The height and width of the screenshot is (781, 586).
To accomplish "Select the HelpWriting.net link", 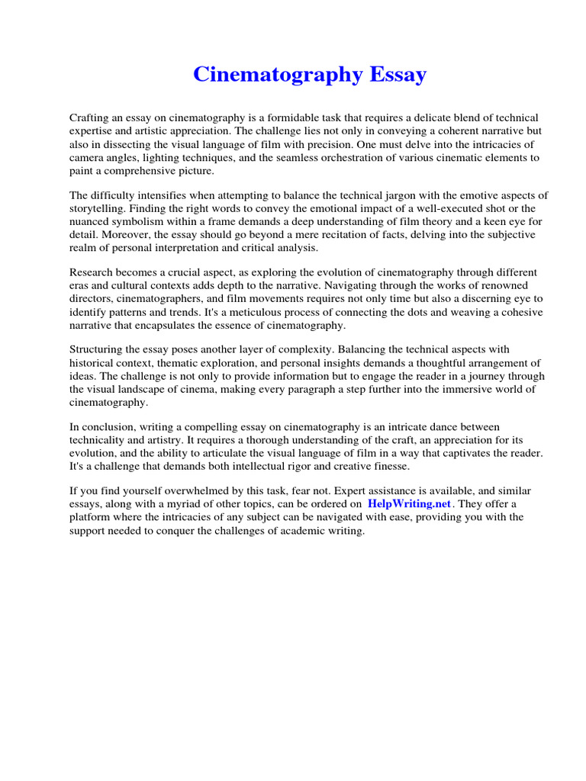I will point(411,504).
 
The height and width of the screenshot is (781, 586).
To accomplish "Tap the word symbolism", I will point(144,222).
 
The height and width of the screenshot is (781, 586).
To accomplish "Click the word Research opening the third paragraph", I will point(92,272).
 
